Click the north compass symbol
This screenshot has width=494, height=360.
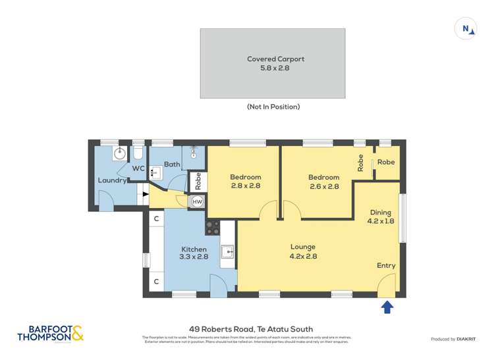tap(466, 28)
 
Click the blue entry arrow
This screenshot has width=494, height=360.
tap(387, 307)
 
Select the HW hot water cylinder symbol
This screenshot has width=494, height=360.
tap(197, 201)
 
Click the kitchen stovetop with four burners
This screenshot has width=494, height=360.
tap(213, 228)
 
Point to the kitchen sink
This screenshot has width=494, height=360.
tap(228, 251)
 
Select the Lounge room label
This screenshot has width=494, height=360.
tap(304, 251)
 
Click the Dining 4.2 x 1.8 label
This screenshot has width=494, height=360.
tap(380, 217)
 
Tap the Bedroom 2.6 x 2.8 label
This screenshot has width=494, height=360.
tap(324, 182)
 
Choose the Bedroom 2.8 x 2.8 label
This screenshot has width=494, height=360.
tap(245, 182)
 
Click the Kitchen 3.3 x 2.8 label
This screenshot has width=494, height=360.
tap(194, 253)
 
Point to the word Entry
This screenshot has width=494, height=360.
tap(386, 266)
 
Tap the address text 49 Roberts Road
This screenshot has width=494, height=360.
tap(247, 329)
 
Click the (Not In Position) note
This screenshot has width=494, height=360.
tap(273, 107)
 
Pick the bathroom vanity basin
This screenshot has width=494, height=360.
tap(154, 173)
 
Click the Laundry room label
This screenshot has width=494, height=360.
tap(112, 180)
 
